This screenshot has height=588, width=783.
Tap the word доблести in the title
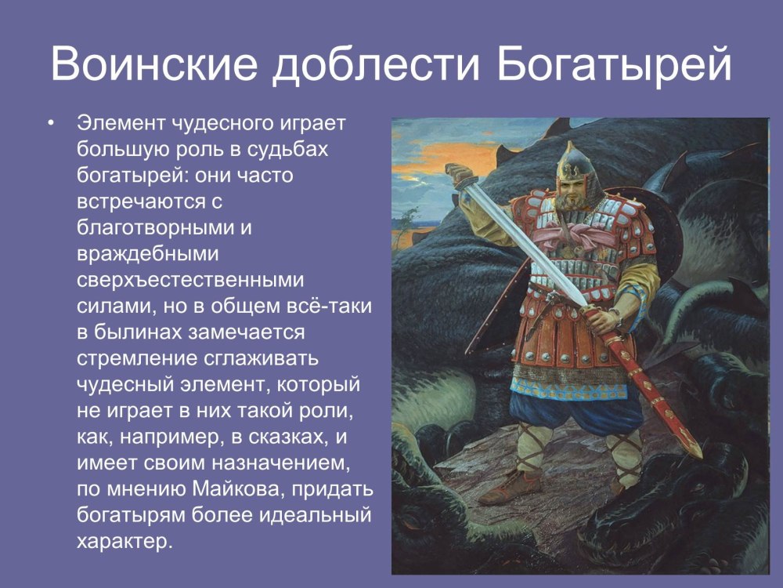(x=376, y=64)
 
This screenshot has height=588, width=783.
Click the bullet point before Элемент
(x=50, y=123)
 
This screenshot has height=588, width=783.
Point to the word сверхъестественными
(x=190, y=279)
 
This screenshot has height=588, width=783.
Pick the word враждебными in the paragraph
(x=148, y=253)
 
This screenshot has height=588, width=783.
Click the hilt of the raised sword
(x=460, y=176)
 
